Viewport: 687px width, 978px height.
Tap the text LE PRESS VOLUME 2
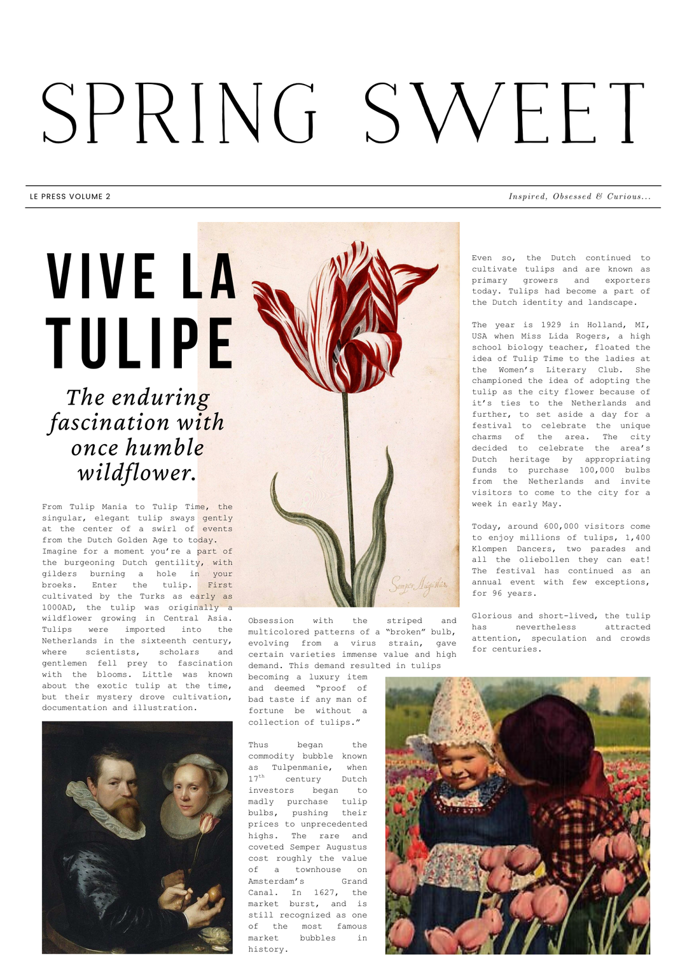click(70, 197)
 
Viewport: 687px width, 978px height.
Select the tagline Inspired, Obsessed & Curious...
click(579, 197)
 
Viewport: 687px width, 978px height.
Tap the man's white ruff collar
click(95, 808)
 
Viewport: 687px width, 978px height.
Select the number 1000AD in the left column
click(59, 608)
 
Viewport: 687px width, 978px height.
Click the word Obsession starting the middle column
click(271, 621)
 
